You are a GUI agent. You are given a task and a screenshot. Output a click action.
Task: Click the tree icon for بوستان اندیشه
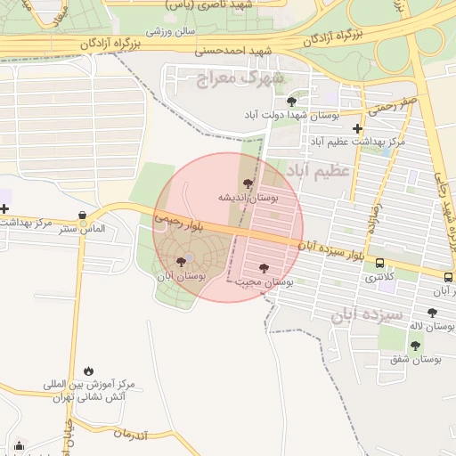(x=248, y=183)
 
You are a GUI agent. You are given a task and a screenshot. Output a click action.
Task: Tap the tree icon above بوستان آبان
(x=182, y=262)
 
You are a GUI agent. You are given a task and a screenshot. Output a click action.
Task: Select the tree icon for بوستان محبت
(x=263, y=267)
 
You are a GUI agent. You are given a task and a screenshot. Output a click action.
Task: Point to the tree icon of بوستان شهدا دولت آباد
(x=291, y=102)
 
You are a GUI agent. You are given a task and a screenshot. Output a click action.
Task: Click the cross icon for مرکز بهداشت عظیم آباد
(x=358, y=128)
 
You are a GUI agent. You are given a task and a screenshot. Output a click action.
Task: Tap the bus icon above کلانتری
(x=380, y=264)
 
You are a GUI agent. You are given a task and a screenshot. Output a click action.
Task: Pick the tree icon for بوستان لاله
(x=432, y=313)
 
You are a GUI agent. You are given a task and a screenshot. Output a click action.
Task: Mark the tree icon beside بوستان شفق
(x=415, y=346)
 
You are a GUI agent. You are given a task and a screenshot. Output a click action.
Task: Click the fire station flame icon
(x=88, y=370)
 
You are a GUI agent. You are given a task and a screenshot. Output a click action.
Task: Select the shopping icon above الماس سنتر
(x=83, y=215)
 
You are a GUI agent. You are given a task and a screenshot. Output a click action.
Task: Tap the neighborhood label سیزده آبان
(x=367, y=314)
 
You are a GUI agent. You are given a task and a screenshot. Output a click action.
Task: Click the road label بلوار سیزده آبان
(x=331, y=248)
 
